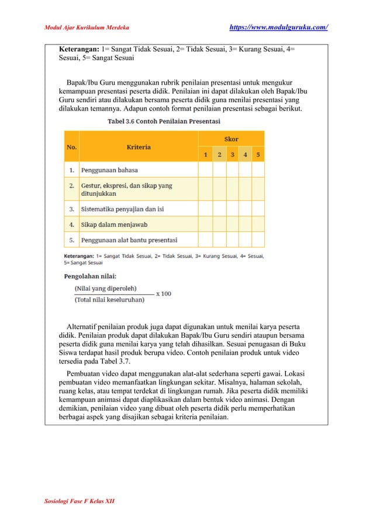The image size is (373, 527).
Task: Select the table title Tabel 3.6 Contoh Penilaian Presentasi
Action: (x=164, y=122)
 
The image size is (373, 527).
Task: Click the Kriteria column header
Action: (x=139, y=147)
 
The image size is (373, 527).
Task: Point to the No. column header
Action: (x=71, y=147)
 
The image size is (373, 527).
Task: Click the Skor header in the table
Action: (x=232, y=139)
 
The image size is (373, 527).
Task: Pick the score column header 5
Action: (x=258, y=155)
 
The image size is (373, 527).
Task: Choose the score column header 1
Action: (x=205, y=155)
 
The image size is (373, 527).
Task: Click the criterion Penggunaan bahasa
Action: (x=109, y=170)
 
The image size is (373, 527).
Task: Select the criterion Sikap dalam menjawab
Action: (x=114, y=224)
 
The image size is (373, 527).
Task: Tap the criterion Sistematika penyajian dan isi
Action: (x=122, y=209)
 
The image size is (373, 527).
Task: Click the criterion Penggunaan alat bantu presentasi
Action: (x=129, y=240)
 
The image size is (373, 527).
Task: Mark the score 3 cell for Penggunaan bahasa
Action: (x=232, y=170)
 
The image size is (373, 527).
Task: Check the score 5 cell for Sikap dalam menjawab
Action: (x=258, y=224)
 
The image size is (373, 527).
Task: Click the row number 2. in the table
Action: (x=71, y=186)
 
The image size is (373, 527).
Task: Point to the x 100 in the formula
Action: (x=164, y=294)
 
